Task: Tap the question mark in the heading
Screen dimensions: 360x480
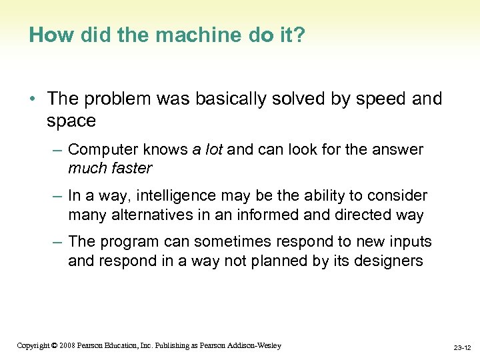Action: tap(299, 35)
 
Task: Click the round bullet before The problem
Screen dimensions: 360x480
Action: tap(33, 99)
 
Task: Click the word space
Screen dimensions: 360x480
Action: tap(71, 121)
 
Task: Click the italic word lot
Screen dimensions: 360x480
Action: tap(213, 149)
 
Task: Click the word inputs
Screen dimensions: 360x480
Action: tap(409, 241)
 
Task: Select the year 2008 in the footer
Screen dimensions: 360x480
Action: tap(67, 345)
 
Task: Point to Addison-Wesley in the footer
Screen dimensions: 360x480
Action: tap(255, 345)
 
